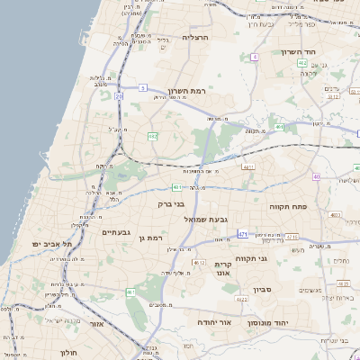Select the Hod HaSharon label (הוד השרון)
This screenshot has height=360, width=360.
[296, 51]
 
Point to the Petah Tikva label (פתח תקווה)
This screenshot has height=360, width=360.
[288, 206]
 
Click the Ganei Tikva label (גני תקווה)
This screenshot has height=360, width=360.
[280, 259]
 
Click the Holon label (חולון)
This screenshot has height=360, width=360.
[69, 353]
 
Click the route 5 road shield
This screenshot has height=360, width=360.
[142, 87]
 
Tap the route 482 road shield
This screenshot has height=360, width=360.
[152, 136]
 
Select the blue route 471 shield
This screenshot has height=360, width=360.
[243, 234]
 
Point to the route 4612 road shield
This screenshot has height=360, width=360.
[199, 262]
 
